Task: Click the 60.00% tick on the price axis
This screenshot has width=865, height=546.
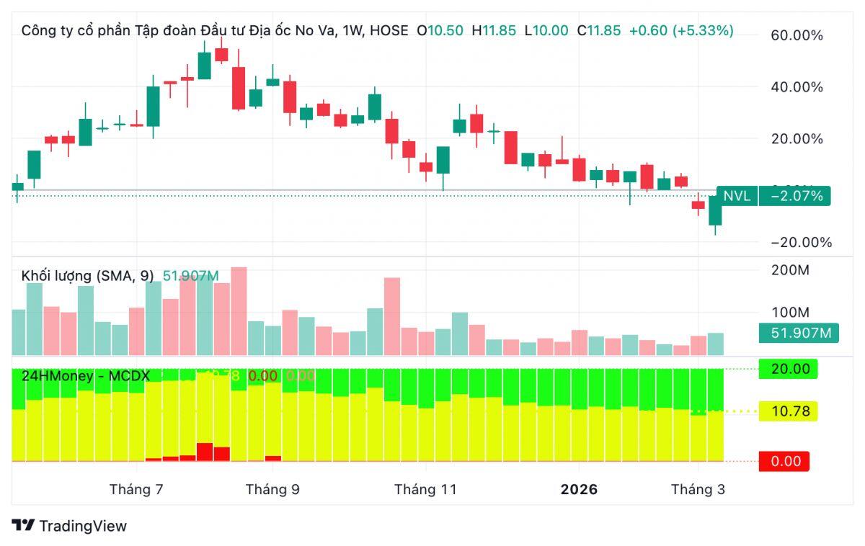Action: coord(797,35)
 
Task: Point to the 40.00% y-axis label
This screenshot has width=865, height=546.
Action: coord(797,87)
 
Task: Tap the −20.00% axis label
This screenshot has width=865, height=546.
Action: coord(801,243)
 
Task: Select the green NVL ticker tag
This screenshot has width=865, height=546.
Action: coord(737,195)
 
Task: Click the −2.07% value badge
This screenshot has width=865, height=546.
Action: coord(796,195)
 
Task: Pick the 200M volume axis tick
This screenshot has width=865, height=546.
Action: coord(791,270)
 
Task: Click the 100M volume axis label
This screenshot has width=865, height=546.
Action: coord(791,313)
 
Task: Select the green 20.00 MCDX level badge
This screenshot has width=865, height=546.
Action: coord(790,369)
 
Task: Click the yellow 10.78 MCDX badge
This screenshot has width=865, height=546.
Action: coord(790,411)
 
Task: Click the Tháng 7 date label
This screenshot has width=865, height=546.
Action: coord(136,490)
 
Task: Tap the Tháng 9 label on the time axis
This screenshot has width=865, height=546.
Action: coord(272,490)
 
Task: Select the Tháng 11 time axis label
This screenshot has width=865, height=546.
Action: coord(425,490)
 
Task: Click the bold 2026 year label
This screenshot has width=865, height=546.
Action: coord(579,490)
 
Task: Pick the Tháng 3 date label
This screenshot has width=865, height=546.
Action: coord(698,490)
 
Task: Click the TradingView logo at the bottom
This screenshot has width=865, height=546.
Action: coord(69,526)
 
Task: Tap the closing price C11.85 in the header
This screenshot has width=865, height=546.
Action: coord(598,31)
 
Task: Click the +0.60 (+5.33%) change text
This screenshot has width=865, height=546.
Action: coord(681,31)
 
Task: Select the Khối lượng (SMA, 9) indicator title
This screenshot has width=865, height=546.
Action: coord(87,276)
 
